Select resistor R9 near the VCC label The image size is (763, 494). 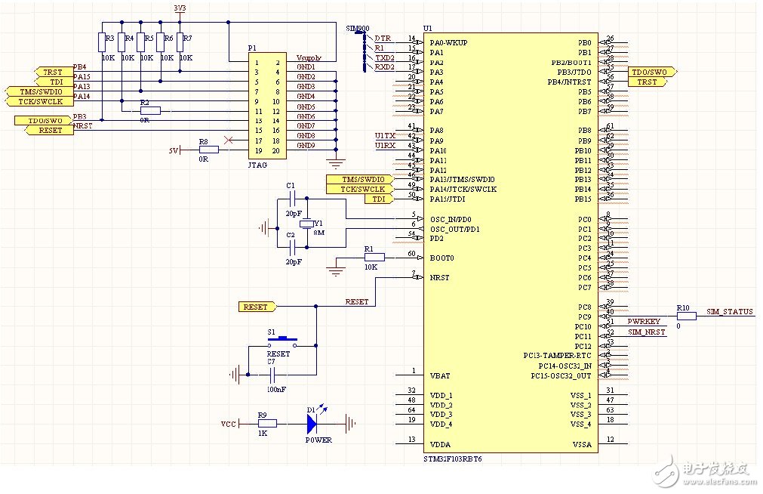266,424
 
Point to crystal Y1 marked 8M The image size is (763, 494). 306,225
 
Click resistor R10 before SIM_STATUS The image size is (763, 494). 686,316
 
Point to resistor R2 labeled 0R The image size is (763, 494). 149,110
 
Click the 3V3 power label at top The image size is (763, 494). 180,8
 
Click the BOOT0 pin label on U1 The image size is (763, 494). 442,258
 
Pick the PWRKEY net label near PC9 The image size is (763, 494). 644,322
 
